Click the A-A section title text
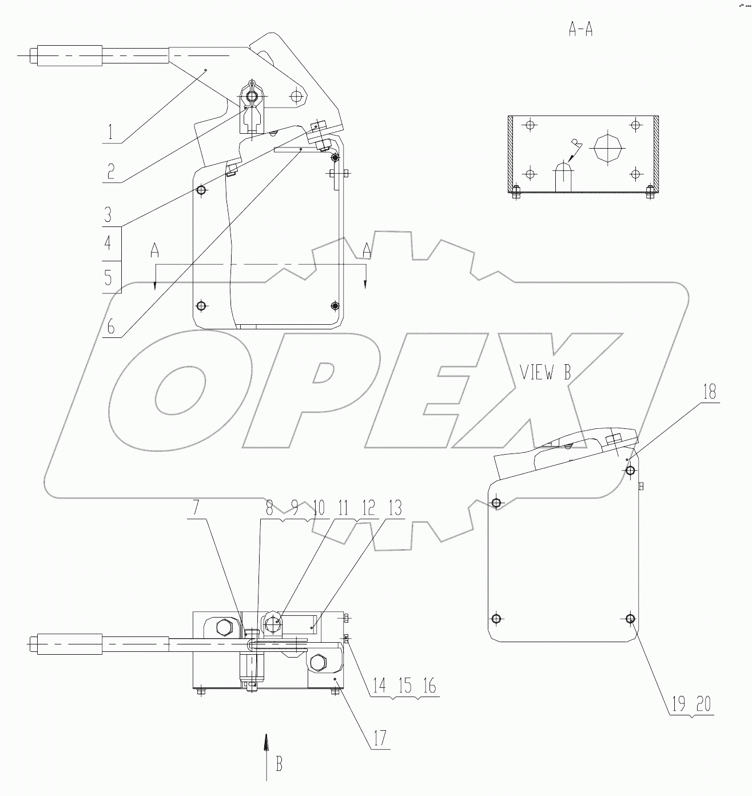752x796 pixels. (x=580, y=29)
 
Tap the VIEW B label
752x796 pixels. (x=546, y=373)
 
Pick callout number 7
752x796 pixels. (x=196, y=508)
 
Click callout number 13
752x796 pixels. (x=394, y=508)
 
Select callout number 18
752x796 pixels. (x=709, y=392)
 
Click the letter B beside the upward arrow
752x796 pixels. (x=279, y=764)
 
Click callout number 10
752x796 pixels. (x=319, y=508)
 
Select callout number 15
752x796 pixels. (x=405, y=686)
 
